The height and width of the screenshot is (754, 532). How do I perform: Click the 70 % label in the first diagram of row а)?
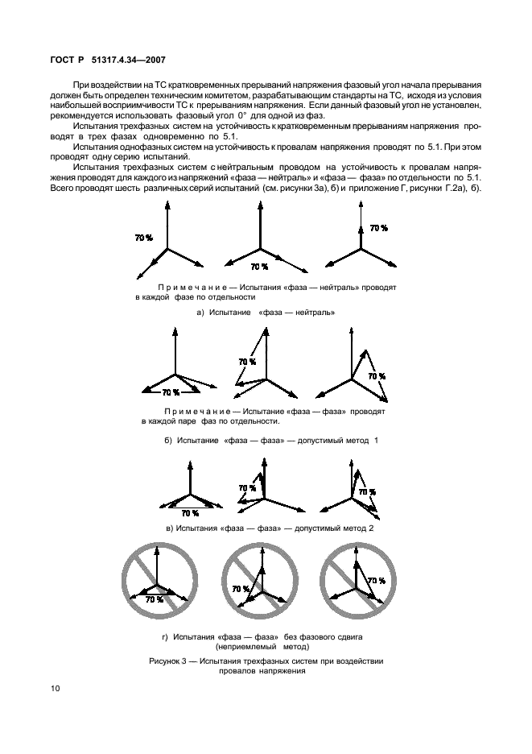[144, 238]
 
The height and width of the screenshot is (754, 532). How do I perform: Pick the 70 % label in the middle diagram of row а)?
[258, 266]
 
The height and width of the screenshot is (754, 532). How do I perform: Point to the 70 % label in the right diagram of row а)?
[378, 228]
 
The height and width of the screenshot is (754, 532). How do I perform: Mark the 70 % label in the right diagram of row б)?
[376, 375]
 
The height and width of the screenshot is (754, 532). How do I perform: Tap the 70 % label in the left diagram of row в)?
[190, 512]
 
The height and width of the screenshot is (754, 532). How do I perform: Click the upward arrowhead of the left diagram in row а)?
[167, 203]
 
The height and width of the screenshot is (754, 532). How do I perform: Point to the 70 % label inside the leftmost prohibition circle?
[154, 599]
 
